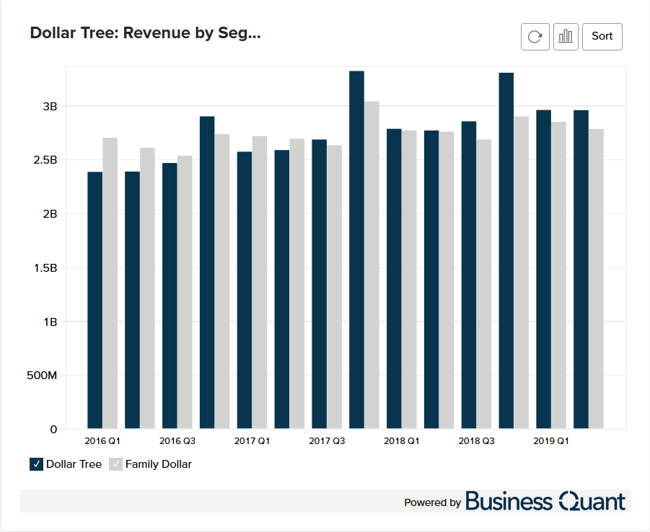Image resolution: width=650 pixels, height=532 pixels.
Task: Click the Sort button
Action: [x=602, y=36]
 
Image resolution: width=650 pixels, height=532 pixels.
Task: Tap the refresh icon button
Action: [x=535, y=36]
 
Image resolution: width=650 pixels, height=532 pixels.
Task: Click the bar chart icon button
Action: [x=566, y=36]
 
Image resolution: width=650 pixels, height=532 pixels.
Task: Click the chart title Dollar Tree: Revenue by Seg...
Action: [x=145, y=33]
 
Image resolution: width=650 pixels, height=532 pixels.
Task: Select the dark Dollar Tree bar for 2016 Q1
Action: [x=95, y=300]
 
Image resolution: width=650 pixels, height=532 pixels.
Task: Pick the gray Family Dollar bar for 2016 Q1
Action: [x=110, y=283]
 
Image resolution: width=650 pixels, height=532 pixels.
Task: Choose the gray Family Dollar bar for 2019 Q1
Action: [x=558, y=275]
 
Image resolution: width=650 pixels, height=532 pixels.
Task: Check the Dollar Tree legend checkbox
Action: [x=37, y=464]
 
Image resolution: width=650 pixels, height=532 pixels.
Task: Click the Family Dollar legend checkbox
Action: [x=115, y=464]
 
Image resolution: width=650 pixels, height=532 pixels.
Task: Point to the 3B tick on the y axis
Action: [x=50, y=106]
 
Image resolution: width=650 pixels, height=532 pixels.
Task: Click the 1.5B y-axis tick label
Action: [x=45, y=268]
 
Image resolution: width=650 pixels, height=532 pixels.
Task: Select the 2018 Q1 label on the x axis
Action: [x=401, y=440]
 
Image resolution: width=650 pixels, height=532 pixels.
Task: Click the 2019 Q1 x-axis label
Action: [x=551, y=440]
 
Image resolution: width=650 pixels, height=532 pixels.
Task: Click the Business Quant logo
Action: [x=545, y=502]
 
